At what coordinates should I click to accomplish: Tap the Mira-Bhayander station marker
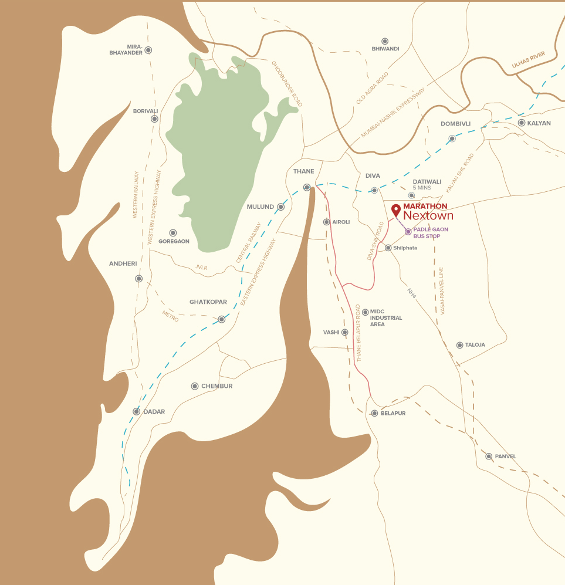tap(148, 50)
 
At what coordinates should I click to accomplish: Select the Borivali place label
tap(145, 110)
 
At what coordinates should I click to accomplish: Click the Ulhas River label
tap(528, 59)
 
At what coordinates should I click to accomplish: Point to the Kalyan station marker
tap(522, 123)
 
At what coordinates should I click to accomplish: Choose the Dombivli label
tap(455, 124)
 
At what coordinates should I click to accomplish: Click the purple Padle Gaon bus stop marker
tap(408, 232)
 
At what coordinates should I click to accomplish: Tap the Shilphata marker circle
tap(388, 248)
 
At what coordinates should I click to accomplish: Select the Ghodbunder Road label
tap(286, 84)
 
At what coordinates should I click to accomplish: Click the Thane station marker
tap(306, 187)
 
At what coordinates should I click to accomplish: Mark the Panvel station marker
tap(488, 456)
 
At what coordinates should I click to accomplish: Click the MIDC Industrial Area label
tap(385, 318)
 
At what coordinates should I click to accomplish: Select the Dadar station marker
tap(137, 411)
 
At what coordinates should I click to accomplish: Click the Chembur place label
tap(216, 386)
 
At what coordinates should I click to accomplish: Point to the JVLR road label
tap(201, 268)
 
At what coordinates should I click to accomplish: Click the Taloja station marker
tap(459, 345)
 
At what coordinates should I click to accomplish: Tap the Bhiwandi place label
tap(385, 49)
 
